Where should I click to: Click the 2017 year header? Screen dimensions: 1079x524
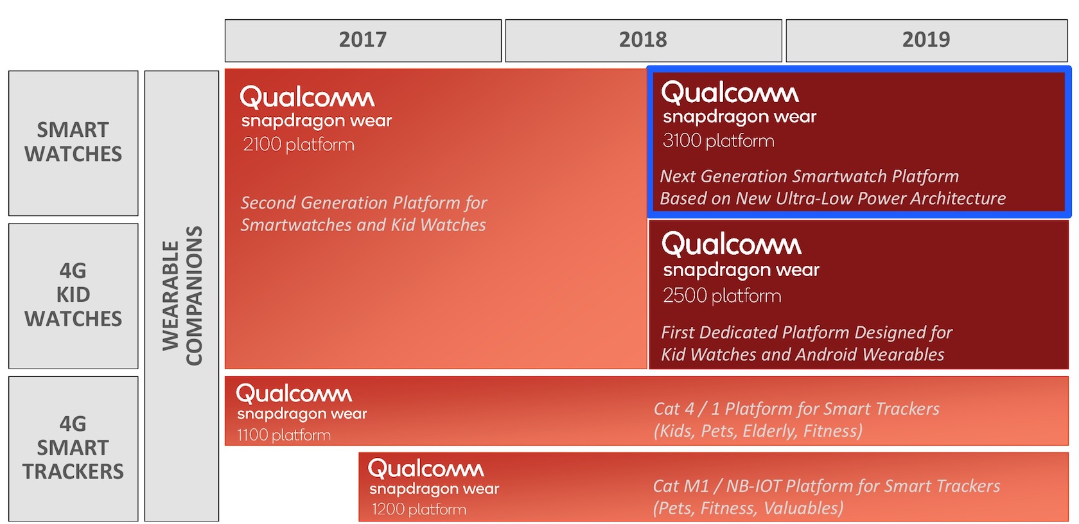pyautogui.click(x=363, y=40)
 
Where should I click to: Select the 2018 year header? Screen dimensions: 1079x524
pyautogui.click(x=643, y=40)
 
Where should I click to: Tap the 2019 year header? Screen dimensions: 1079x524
pyautogui.click(x=926, y=40)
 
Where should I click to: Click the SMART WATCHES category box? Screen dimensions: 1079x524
pyautogui.click(x=73, y=143)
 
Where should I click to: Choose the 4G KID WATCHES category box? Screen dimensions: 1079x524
pyautogui.click(x=73, y=295)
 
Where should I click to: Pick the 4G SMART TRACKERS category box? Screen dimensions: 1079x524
pyautogui.click(x=73, y=448)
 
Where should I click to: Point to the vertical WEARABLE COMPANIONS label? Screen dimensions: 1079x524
pyautogui.click(x=182, y=295)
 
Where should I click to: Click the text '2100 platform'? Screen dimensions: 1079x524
pyautogui.click(x=299, y=144)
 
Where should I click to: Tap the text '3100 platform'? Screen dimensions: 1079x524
pyautogui.click(x=719, y=141)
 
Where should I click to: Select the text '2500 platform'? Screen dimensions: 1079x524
pyautogui.click(x=722, y=295)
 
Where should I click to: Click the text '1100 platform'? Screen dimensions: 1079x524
pyautogui.click(x=284, y=435)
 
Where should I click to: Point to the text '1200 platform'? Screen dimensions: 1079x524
pyautogui.click(x=419, y=509)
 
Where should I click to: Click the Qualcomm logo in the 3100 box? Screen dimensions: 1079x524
pyautogui.click(x=730, y=93)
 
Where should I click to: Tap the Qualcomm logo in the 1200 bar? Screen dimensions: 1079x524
pyautogui.click(x=426, y=469)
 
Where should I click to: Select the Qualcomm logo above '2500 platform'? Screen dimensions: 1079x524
pyautogui.click(x=732, y=244)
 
